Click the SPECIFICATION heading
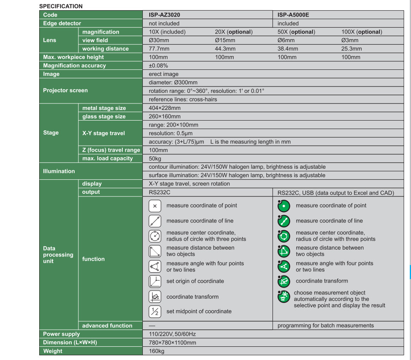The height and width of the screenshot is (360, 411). coord(61,6)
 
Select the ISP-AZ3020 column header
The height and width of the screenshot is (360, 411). coord(164,15)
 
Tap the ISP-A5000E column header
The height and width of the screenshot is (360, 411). coord(293,15)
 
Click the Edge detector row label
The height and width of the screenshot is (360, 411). coord(62,23)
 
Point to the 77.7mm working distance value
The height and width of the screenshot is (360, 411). coord(159,49)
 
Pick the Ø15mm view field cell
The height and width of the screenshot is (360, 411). coord(225,40)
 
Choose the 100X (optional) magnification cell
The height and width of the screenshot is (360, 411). coord(362,32)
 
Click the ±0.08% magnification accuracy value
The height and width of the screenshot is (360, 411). coord(158,66)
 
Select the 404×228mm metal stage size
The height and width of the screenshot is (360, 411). coord(165,108)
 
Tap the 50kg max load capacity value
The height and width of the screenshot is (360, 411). coord(155,158)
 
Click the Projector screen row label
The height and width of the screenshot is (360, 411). coord(65,90)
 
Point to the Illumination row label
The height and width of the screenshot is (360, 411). coord(59,171)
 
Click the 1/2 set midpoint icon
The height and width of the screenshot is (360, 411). coord(155,311)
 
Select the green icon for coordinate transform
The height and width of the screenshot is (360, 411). coord(284,281)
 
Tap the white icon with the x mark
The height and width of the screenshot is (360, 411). coord(155,206)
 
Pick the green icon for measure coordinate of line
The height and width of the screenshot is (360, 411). coord(284,221)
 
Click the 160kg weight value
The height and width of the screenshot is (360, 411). coord(156,351)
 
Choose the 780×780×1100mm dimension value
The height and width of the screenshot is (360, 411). coord(172,343)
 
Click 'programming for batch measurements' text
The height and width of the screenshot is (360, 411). coord(325,325)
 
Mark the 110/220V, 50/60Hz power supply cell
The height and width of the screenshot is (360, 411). coord(172,334)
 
